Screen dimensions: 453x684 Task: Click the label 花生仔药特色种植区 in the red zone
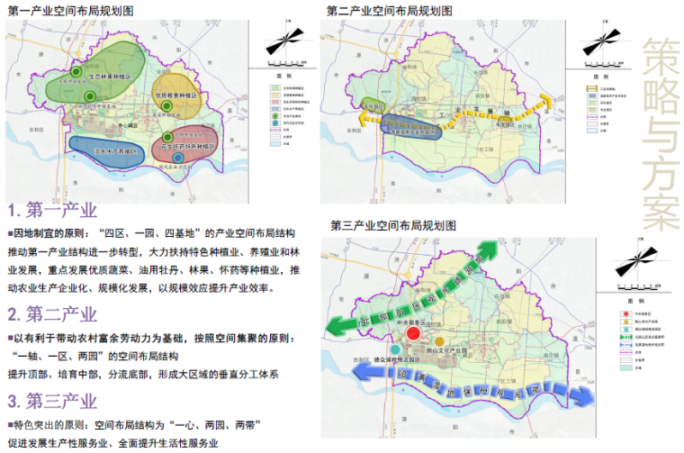click(x=189, y=145)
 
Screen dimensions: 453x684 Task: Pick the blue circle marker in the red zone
click(x=178, y=158)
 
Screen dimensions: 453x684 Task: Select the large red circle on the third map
click(x=412, y=334)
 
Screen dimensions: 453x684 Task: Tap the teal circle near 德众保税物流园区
click(x=394, y=348)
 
